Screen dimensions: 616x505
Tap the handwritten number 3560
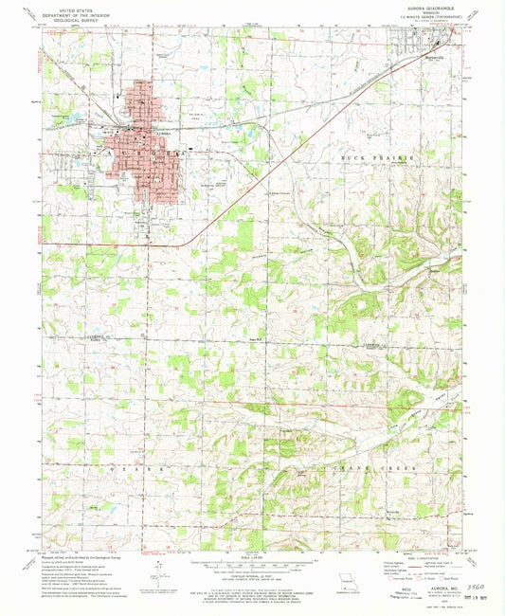pos(461,589)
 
